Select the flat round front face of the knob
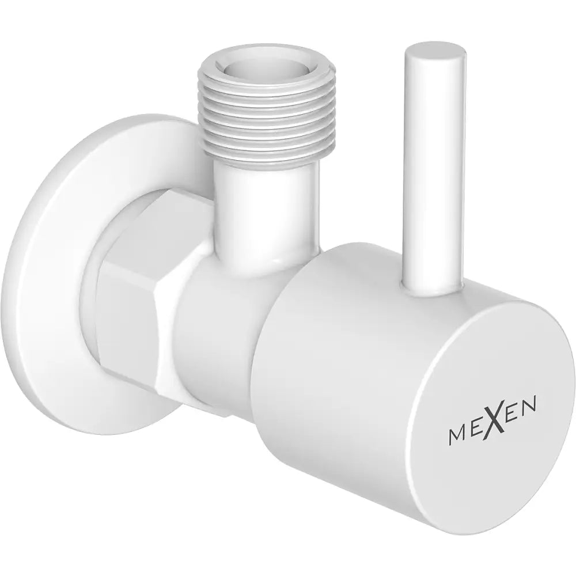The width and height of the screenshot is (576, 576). click(x=478, y=415)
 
